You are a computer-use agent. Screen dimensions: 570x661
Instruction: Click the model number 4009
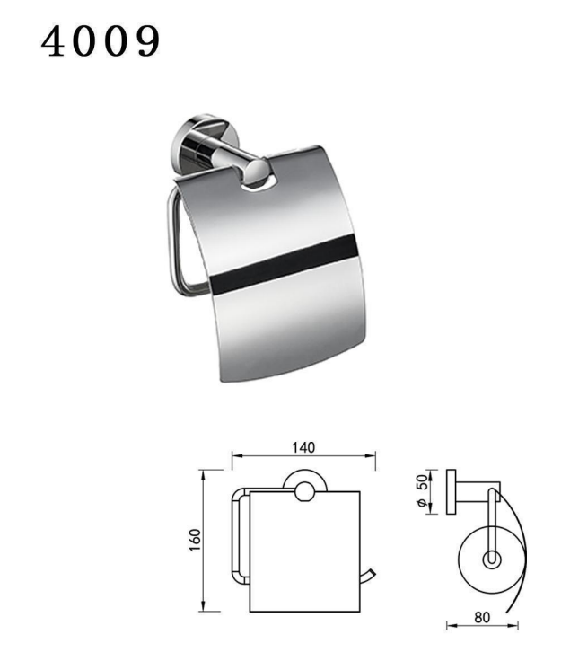point(101,40)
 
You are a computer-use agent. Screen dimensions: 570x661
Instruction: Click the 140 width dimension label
point(303,447)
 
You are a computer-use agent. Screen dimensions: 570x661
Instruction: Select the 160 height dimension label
point(196,540)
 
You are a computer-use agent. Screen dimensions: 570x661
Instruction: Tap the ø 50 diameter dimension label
point(423,490)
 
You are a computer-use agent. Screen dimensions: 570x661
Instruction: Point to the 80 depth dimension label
point(482,617)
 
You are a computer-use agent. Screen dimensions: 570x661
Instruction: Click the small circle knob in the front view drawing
point(304,492)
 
